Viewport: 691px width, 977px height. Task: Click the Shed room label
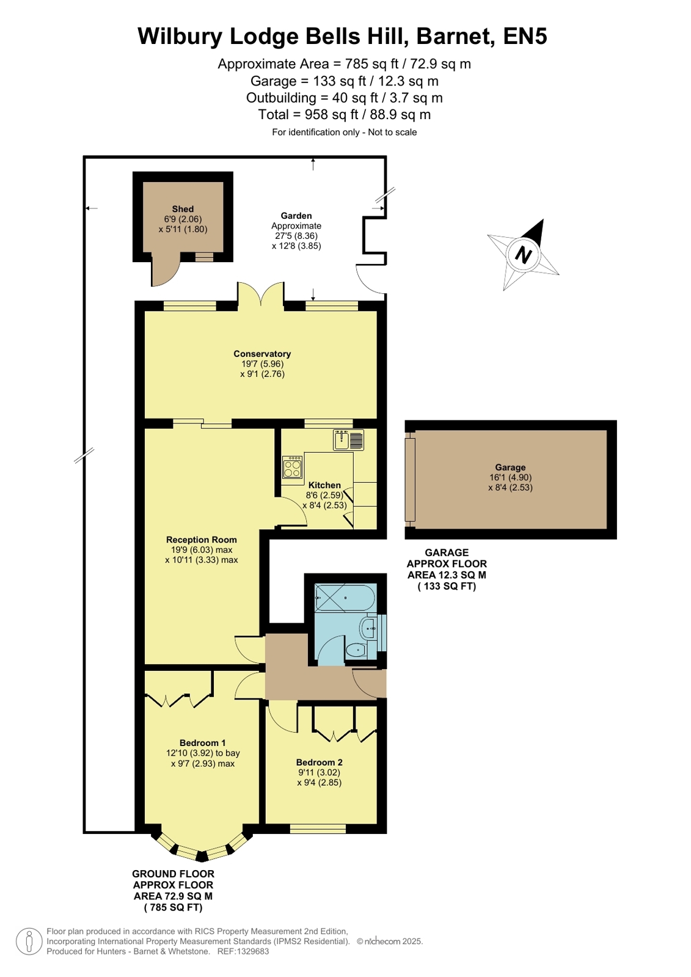coord(182,209)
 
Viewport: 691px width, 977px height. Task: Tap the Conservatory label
coord(261,354)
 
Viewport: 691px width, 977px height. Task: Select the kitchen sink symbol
coord(348,440)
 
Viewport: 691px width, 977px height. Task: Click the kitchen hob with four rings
coord(292,468)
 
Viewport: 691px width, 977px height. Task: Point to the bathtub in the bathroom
coord(345,598)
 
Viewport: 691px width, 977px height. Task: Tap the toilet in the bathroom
coord(356,650)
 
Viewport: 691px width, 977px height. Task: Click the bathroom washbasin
coord(368,629)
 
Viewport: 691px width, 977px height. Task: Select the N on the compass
coord(523,254)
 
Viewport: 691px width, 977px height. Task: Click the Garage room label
coord(510,467)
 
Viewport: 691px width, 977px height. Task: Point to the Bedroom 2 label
coord(319,762)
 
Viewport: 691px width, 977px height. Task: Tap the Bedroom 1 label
coord(202,742)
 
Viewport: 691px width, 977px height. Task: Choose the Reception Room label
coord(201,540)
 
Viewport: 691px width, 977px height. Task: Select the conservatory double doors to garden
coord(261,293)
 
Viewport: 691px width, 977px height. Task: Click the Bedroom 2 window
coord(318,829)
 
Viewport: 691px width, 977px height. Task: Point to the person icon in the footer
coord(29,941)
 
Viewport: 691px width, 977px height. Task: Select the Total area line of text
coord(344,114)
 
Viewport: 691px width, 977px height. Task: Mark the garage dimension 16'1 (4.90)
coord(510,477)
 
